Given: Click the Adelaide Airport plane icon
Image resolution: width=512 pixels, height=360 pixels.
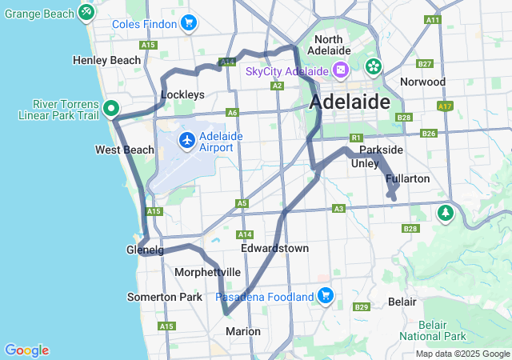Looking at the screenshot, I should click(187, 141).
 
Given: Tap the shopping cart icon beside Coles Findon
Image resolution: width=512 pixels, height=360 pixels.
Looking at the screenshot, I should click(189, 22).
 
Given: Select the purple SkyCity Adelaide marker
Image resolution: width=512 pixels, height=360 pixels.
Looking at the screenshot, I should click(341, 70).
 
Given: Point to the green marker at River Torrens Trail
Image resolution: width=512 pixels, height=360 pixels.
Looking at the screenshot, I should click(111, 107).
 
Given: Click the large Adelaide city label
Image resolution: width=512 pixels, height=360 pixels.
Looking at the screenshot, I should click(350, 102).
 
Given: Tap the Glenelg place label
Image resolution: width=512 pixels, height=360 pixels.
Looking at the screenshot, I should click(145, 250).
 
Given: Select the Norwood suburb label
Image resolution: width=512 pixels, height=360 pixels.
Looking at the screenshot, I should click(422, 82).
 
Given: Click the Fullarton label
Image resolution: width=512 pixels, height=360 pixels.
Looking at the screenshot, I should click(409, 178).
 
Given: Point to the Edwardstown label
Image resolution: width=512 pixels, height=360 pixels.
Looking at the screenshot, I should click(275, 248).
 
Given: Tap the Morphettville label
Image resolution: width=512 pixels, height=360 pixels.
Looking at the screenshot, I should click(207, 272).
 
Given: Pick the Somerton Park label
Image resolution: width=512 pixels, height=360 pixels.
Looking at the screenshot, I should click(165, 297).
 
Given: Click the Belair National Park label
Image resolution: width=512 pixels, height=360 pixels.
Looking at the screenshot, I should click(443, 330).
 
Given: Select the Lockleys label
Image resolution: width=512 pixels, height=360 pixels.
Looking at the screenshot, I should click(182, 94).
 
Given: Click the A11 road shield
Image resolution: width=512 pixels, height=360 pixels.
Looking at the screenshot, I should click(434, 19).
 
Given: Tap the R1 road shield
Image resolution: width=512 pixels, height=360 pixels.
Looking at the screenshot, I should click(357, 137).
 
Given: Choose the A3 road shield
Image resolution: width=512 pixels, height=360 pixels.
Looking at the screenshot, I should click(338, 209).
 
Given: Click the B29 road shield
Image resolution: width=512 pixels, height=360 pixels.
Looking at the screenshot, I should click(361, 307).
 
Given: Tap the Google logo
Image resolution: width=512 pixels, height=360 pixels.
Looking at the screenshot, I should click(26, 350).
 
